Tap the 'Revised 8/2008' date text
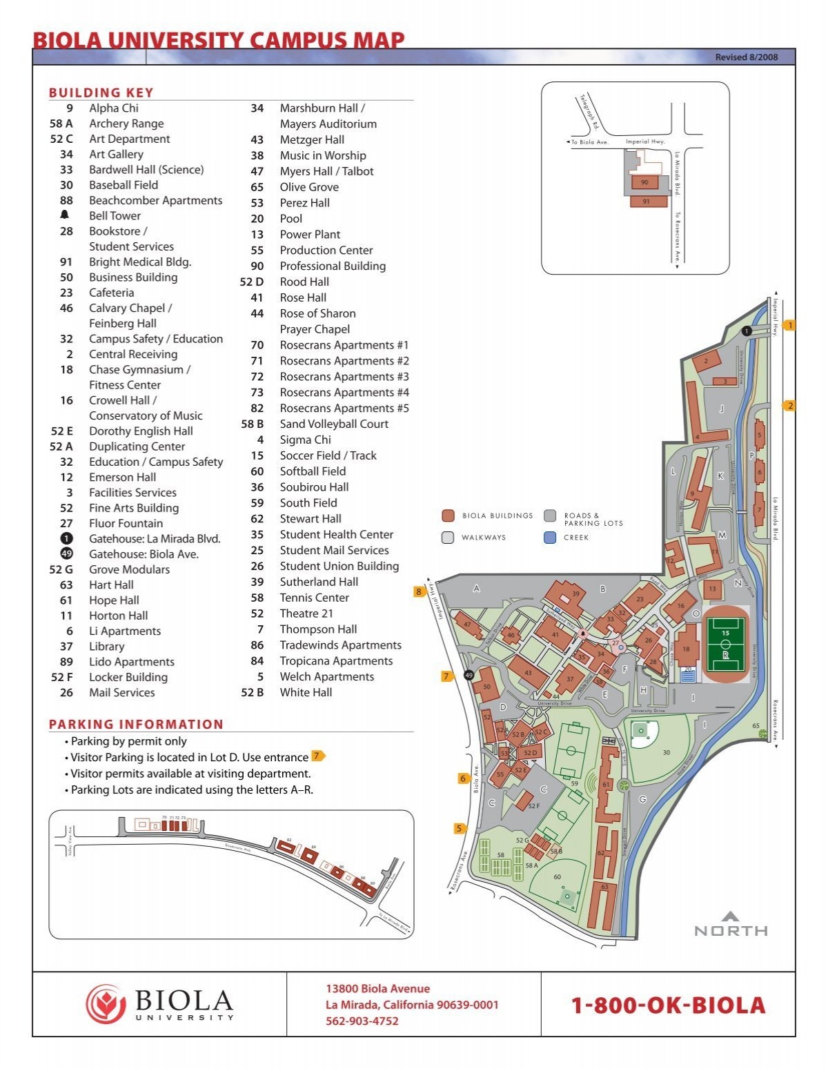click(746, 57)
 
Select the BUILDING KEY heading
click(101, 92)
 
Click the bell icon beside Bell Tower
click(66, 215)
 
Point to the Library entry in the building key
click(106, 646)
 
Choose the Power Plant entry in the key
click(310, 234)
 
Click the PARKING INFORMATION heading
click(136, 724)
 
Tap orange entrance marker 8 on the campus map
click(419, 591)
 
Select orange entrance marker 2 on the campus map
click(790, 406)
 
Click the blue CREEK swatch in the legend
click(550, 537)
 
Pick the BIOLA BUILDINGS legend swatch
click(448, 516)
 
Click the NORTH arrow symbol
click(730, 916)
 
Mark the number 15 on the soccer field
click(725, 633)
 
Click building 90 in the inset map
click(645, 182)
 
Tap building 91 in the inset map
click(647, 202)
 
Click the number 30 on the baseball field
click(666, 752)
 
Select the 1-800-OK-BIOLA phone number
click(668, 1006)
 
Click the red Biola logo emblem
click(106, 1003)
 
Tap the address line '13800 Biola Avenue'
click(377, 988)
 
